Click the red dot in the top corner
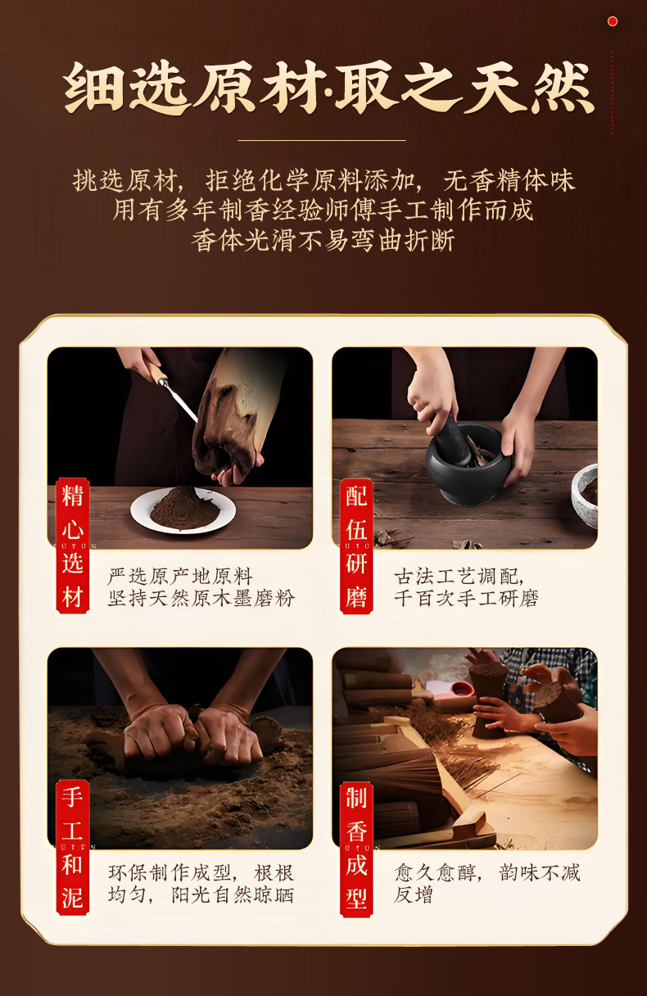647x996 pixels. click(613, 21)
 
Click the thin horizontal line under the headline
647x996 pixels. click(322, 140)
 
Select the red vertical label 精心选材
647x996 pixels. click(73, 546)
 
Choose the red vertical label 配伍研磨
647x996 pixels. click(356, 546)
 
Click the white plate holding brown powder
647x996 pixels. click(183, 510)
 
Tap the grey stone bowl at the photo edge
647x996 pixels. click(584, 495)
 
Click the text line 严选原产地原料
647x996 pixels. click(180, 577)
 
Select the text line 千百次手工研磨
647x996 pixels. click(466, 598)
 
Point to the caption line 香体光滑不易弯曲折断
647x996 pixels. click(323, 240)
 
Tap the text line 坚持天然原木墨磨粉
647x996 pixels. click(201, 598)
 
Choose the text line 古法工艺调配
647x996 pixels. click(459, 577)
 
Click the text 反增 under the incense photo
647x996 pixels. click(413, 895)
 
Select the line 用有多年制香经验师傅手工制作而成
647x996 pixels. click(323, 210)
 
